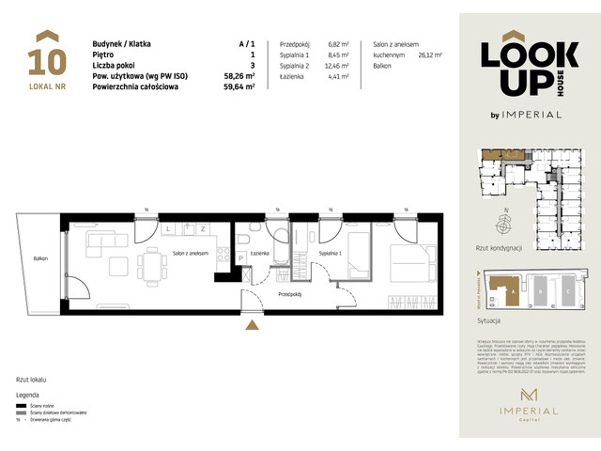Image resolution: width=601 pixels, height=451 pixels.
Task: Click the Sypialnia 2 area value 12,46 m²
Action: [339, 66]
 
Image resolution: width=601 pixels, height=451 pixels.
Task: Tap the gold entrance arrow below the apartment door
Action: [251, 326]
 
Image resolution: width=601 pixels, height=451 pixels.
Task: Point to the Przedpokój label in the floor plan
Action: [289, 293]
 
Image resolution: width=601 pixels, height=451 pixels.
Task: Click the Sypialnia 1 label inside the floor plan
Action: [330, 255]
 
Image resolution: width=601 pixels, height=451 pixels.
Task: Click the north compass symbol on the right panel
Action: [504, 223]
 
